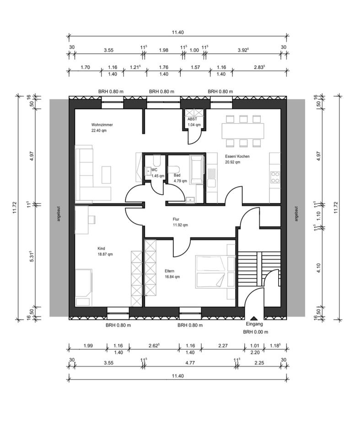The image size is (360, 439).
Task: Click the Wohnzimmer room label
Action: [x=102, y=125]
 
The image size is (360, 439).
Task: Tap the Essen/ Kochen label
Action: [x=237, y=156]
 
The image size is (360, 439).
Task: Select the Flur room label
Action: [x=176, y=219]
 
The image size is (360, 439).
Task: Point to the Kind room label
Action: [x=101, y=248]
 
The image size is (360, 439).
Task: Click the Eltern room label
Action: [x=170, y=271]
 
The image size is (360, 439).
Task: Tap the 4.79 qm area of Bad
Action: [x=180, y=181]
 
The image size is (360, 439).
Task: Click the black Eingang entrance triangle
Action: [x=254, y=318]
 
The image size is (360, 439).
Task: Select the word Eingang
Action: [x=254, y=324]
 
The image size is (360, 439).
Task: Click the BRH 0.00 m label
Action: [x=256, y=332]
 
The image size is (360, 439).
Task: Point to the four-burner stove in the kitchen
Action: [x=275, y=177]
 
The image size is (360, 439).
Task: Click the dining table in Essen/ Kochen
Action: [x=243, y=131]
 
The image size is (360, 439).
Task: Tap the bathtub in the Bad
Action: [x=196, y=170]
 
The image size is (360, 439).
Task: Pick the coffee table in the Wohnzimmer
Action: [x=106, y=175]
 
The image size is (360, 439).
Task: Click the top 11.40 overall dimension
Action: [x=177, y=32]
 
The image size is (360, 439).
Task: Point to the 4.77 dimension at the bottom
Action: [x=190, y=363]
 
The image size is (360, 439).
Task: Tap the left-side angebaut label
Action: [x=59, y=214]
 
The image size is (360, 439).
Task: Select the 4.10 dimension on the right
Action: [x=318, y=268]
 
